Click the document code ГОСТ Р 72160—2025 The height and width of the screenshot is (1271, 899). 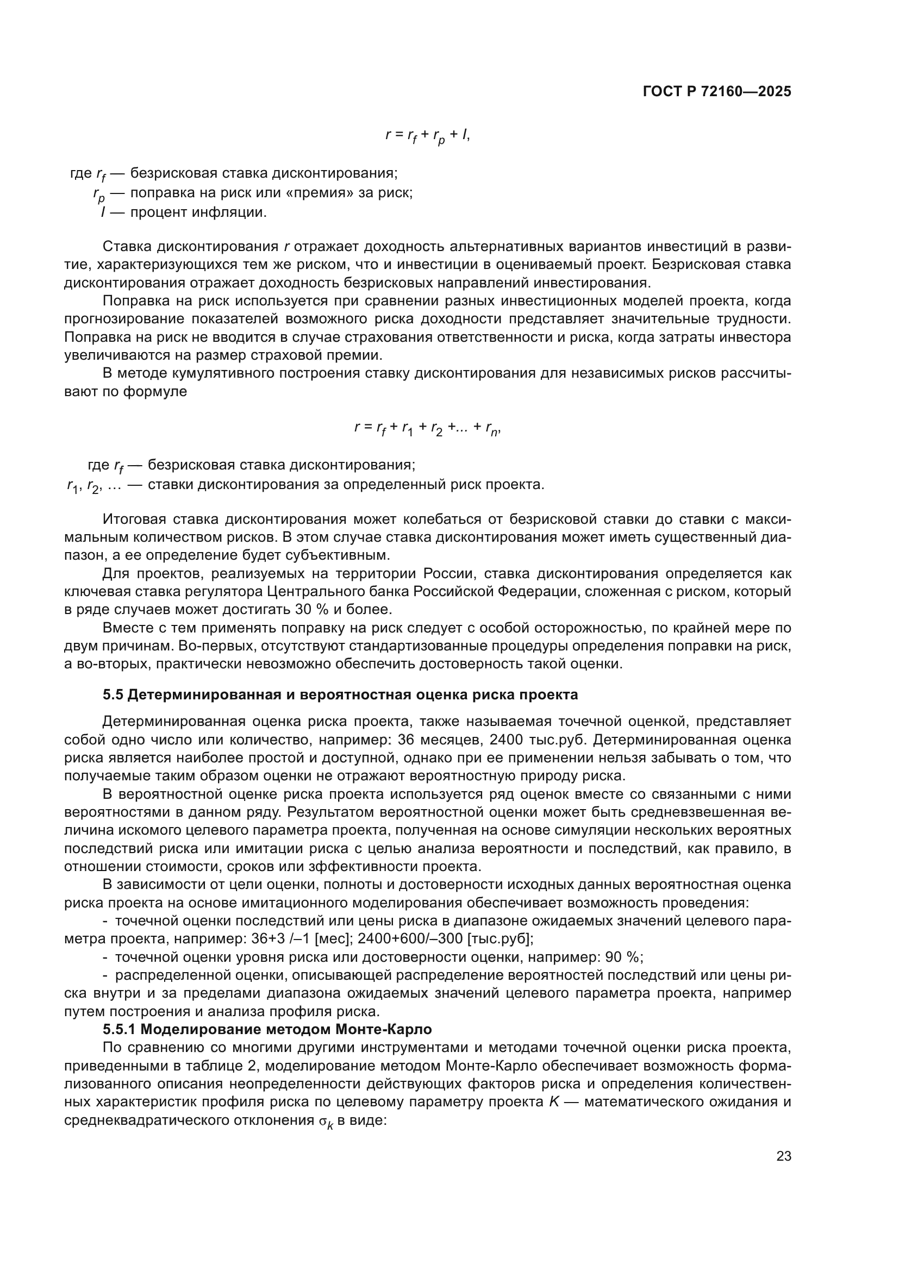pyautogui.click(x=717, y=92)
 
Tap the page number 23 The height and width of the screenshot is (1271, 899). pyautogui.click(x=783, y=1156)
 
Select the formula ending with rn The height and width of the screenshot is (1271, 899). pyautogui.click(x=427, y=427)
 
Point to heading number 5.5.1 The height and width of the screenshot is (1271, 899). pyautogui.click(x=121, y=1030)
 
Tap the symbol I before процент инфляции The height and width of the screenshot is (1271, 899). pyautogui.click(x=103, y=212)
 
